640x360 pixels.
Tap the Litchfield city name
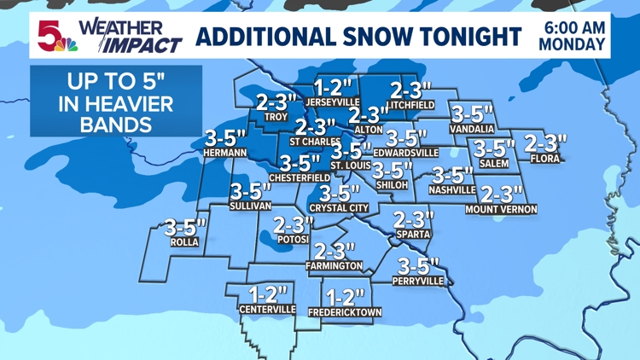pyautogui.click(x=410, y=105)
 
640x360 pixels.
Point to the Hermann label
pyautogui.click(x=225, y=153)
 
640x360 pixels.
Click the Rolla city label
pyautogui.click(x=184, y=242)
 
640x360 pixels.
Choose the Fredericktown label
pyautogui.click(x=345, y=312)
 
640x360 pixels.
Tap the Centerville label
pyautogui.click(x=267, y=309)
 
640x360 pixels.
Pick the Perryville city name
pyautogui.click(x=417, y=280)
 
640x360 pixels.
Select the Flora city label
pyautogui.click(x=544, y=158)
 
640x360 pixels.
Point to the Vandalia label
pyautogui.click(x=472, y=129)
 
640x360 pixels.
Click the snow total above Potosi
pyautogui.click(x=294, y=225)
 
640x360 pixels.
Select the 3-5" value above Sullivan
pyautogui.click(x=250, y=191)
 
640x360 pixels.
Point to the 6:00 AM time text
pyautogui.click(x=574, y=26)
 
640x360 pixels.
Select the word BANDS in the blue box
pyautogui.click(x=116, y=125)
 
